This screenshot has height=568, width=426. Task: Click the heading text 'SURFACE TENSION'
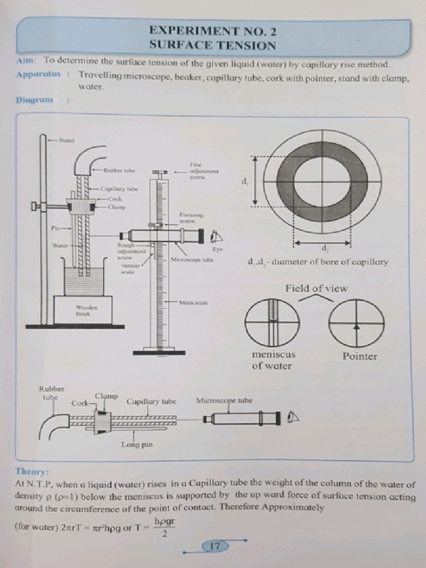pos(212,45)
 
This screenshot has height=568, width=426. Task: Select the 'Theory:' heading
pos(32,471)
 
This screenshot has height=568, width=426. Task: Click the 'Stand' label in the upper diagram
pos(67,140)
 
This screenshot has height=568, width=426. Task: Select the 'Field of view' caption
pos(316,288)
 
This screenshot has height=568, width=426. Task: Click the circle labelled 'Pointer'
pos(356,323)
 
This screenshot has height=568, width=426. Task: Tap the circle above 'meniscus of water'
pos(272,323)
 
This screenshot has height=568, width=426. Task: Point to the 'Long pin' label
pos(137,444)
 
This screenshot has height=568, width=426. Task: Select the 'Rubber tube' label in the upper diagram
pos(120,171)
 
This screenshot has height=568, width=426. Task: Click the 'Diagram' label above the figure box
pos(35,100)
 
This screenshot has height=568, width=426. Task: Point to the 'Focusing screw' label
pos(191,217)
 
